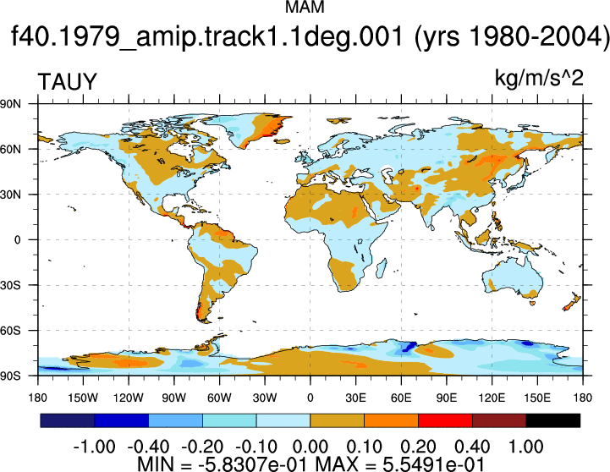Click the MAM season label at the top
point(305,7)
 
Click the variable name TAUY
point(67,82)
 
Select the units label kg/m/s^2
point(539,78)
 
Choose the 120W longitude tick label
point(129,398)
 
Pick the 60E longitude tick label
point(401,398)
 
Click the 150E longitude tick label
point(537,398)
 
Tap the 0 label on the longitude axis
point(310,398)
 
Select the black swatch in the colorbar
point(552,420)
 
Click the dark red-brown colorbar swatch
point(499,420)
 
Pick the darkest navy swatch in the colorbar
point(68,420)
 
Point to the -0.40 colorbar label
point(148,447)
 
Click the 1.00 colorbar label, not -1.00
point(526,447)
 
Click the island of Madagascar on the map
point(382,268)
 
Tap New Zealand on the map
point(572,303)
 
